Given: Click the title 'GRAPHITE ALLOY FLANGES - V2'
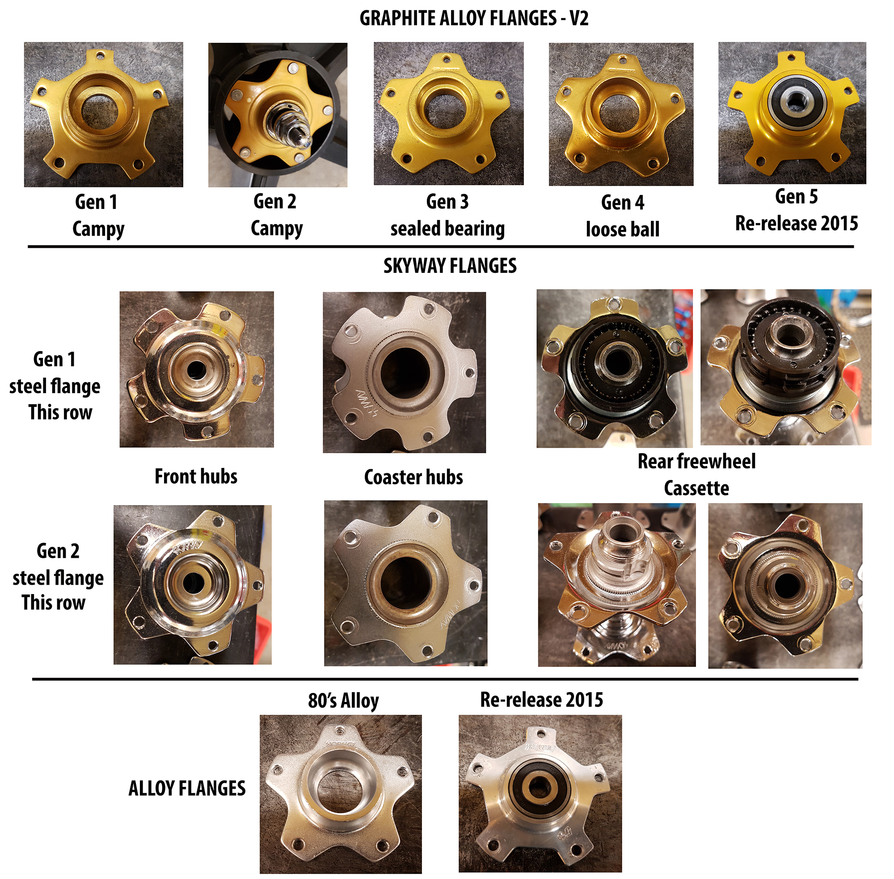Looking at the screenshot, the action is click(474, 18).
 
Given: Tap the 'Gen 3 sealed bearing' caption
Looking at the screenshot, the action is click(447, 215).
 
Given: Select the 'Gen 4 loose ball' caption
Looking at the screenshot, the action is click(622, 216).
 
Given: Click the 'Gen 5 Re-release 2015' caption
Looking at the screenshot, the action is click(796, 210).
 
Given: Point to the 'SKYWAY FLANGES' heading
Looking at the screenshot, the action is click(450, 266).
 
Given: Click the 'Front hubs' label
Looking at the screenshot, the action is click(196, 476).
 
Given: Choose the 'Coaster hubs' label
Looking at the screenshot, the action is click(413, 477).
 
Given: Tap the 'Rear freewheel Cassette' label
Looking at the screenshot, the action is click(696, 475).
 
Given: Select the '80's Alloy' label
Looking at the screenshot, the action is click(343, 701).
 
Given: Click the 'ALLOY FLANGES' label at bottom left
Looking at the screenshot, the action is click(187, 789).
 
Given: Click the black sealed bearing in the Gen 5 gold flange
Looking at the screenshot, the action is click(792, 104).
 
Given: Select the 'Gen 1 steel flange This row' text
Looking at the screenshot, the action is click(55, 386).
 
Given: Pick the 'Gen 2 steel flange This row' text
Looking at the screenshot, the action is click(58, 577).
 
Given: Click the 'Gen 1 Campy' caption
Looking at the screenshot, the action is click(97, 216).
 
